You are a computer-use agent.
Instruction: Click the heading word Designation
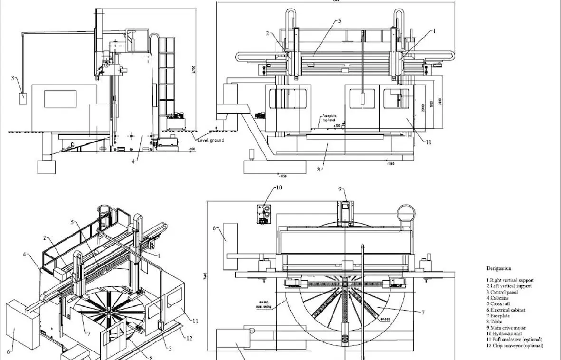(x=499, y=269)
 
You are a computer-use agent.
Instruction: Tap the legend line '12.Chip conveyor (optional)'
(x=514, y=346)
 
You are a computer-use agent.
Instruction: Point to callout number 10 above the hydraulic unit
(x=278, y=188)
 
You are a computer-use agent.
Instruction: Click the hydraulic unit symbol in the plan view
(x=262, y=214)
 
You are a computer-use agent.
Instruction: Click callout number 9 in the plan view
(x=341, y=189)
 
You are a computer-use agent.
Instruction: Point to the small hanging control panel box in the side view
(x=22, y=99)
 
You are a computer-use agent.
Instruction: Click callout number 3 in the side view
(x=13, y=78)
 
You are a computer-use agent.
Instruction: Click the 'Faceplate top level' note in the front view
(x=330, y=118)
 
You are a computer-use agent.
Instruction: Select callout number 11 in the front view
(x=428, y=142)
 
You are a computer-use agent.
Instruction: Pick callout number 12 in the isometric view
(x=189, y=338)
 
